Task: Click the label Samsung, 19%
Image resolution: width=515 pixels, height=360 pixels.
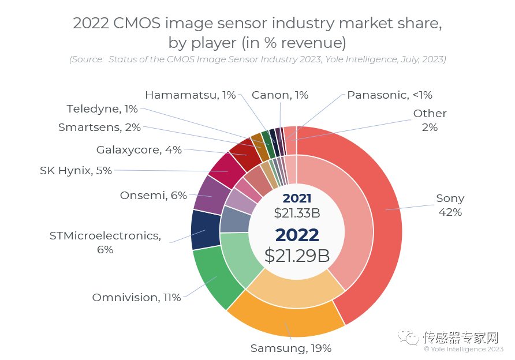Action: click(x=290, y=348)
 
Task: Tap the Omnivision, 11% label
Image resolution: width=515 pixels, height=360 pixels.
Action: click(x=136, y=298)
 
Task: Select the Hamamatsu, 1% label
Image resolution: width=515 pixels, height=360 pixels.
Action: click(x=190, y=95)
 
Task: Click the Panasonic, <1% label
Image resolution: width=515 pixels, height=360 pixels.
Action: click(x=390, y=95)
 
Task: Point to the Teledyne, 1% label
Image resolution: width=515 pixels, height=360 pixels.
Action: click(x=102, y=108)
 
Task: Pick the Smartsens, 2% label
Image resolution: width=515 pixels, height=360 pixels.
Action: click(x=99, y=127)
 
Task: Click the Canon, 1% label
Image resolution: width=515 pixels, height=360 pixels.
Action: click(x=280, y=95)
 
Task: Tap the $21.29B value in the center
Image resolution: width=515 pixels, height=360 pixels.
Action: click(x=297, y=255)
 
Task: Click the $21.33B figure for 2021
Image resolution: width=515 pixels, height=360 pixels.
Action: click(x=297, y=213)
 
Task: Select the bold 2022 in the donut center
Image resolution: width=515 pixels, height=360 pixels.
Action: click(x=297, y=234)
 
